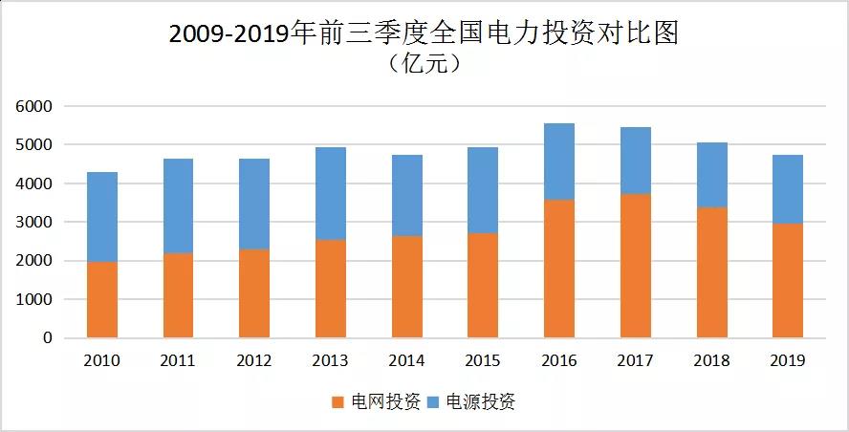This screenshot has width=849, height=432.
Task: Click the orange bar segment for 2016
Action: coord(559,269)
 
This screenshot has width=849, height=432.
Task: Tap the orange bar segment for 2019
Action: coord(788,281)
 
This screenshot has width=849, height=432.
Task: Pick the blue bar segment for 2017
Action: coord(636,161)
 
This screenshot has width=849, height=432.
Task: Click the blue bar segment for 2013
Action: coord(331,194)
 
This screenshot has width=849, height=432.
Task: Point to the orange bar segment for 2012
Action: coord(254,293)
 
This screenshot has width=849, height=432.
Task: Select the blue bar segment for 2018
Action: coord(712,175)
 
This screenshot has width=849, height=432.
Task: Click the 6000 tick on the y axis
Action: coord(35,106)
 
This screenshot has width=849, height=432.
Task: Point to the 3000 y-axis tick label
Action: coord(35,223)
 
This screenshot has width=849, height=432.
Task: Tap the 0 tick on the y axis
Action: coord(47,338)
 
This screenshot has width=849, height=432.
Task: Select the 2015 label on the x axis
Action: coord(483,360)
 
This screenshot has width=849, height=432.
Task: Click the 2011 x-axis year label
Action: coord(178,360)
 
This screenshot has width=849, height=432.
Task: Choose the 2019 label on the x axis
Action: coord(788,360)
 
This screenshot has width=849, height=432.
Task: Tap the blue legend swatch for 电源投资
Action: coord(432,402)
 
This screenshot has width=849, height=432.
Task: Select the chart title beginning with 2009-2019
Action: coord(424,34)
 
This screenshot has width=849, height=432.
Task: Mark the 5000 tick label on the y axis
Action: coord(35,145)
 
